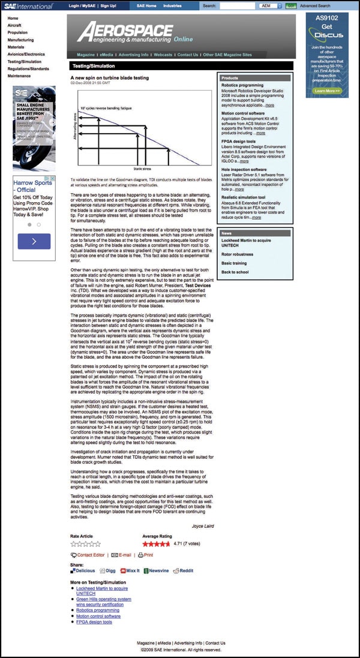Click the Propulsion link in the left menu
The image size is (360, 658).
pos(18,33)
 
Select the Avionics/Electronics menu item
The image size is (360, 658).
pos(26,54)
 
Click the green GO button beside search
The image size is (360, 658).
pos(291,5)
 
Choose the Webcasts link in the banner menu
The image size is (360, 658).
pos(163,55)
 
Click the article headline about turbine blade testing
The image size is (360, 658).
pos(109,78)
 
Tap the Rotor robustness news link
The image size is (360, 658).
pos(238,254)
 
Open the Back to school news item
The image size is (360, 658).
pos(235,272)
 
